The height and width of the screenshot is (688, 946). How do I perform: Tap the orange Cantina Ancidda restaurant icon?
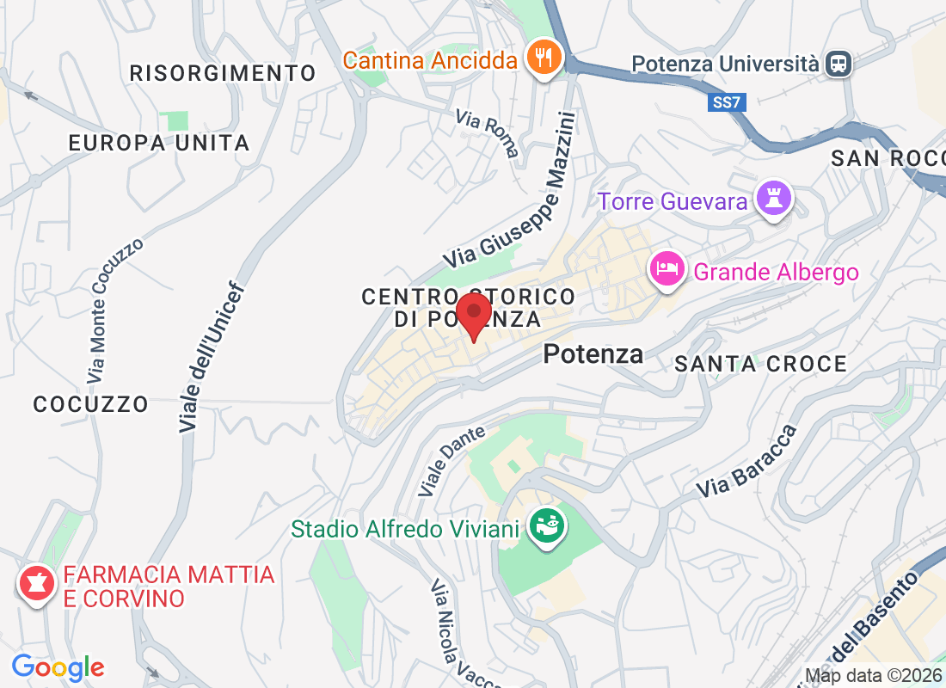[544, 58]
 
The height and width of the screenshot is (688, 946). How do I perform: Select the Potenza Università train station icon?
[838, 63]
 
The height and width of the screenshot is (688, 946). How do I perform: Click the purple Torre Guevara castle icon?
[771, 200]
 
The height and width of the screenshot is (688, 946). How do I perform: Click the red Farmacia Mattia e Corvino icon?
[35, 585]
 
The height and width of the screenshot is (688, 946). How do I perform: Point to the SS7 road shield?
[726, 103]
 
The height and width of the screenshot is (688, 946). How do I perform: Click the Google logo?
[58, 666]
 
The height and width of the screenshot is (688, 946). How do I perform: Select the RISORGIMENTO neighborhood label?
[223, 73]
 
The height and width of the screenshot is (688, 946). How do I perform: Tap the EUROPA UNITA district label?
[159, 143]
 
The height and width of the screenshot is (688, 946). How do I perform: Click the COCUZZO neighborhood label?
[91, 403]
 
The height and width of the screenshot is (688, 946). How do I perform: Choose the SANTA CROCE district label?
[760, 365]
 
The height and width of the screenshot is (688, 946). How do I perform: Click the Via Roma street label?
[488, 133]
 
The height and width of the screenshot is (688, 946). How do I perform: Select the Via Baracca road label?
[746, 462]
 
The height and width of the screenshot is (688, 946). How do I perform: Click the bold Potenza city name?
[593, 353]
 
